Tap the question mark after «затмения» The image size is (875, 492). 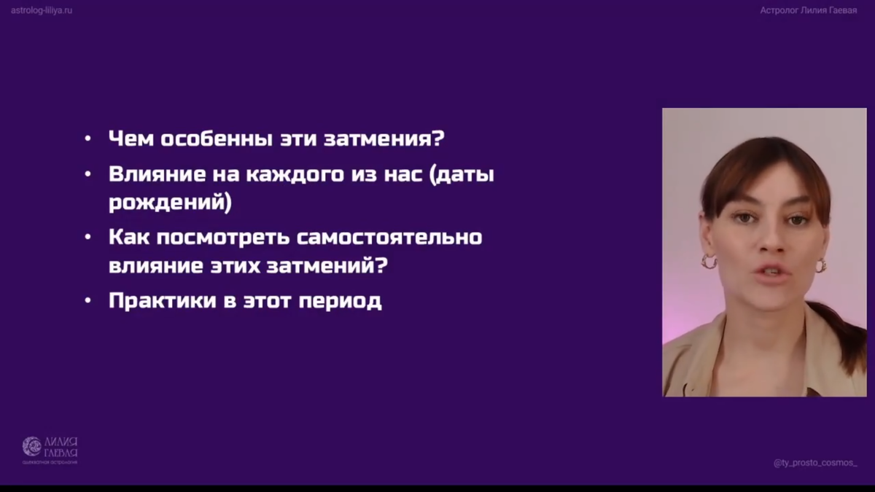(x=440, y=138)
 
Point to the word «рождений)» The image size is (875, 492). (x=170, y=202)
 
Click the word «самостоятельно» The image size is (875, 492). (x=399, y=238)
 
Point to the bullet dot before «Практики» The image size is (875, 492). (x=88, y=301)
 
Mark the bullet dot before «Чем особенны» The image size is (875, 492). (x=88, y=138)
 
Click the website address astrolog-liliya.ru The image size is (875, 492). (x=42, y=10)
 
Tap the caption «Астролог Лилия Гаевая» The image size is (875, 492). (x=808, y=10)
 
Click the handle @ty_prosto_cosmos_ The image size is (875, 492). (x=815, y=464)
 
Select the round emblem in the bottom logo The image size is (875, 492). (x=31, y=446)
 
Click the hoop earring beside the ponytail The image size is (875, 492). (x=821, y=265)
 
